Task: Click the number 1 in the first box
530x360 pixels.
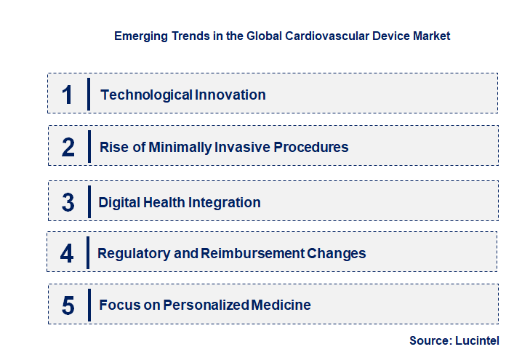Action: click(x=68, y=95)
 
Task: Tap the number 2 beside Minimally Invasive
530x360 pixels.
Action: click(x=68, y=148)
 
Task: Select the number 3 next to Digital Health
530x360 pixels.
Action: click(x=68, y=203)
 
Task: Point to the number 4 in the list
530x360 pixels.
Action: click(x=68, y=254)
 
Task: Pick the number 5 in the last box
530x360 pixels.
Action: click(x=68, y=305)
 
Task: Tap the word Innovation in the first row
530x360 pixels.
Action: click(x=230, y=95)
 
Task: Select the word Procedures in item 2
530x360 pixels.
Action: click(x=311, y=148)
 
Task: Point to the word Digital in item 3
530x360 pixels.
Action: click(x=119, y=203)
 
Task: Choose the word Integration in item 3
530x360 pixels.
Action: click(x=225, y=203)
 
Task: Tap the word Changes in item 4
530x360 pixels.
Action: click(x=336, y=254)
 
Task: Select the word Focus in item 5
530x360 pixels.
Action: click(x=118, y=305)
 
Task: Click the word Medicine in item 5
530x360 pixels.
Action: click(x=280, y=305)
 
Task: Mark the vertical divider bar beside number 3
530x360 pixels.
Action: click(x=89, y=201)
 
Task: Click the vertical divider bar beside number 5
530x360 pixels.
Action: click(x=89, y=303)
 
